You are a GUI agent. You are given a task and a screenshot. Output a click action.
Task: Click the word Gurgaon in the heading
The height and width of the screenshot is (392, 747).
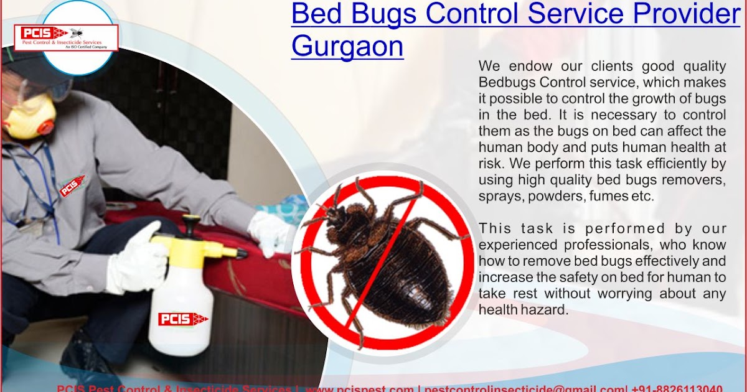(x=347, y=47)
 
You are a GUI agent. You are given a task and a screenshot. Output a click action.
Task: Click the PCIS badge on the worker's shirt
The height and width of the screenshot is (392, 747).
(x=72, y=185)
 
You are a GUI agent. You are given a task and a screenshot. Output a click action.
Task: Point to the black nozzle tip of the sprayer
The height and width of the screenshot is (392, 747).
(x=242, y=253)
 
